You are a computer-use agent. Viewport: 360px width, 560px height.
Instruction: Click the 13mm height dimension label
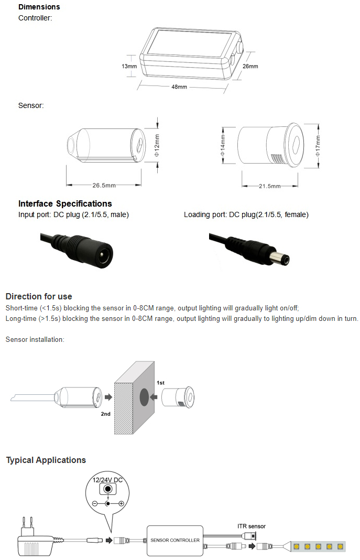pos(129,67)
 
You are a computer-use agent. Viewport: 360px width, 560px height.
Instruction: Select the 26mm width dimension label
pos(250,67)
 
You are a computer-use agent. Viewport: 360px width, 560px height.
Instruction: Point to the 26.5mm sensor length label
pos(104,186)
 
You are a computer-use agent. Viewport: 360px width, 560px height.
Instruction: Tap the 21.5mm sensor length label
pos(269,186)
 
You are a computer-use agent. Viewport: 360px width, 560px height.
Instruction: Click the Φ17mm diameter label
pos(318,146)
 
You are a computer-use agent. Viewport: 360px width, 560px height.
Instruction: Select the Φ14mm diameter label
pos(223,146)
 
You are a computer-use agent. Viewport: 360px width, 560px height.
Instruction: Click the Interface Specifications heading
pos(65,203)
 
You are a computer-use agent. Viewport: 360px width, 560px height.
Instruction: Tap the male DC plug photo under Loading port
pos(249,248)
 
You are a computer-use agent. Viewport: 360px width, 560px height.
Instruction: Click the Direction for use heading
pos(39,296)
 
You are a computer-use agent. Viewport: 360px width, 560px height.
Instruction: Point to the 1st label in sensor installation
pos(161,383)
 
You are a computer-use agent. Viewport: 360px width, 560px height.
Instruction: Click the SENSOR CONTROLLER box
pos(175,540)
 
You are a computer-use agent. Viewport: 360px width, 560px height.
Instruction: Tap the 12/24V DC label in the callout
pos(107,480)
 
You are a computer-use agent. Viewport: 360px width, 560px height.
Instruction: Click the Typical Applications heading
pos(46,460)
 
